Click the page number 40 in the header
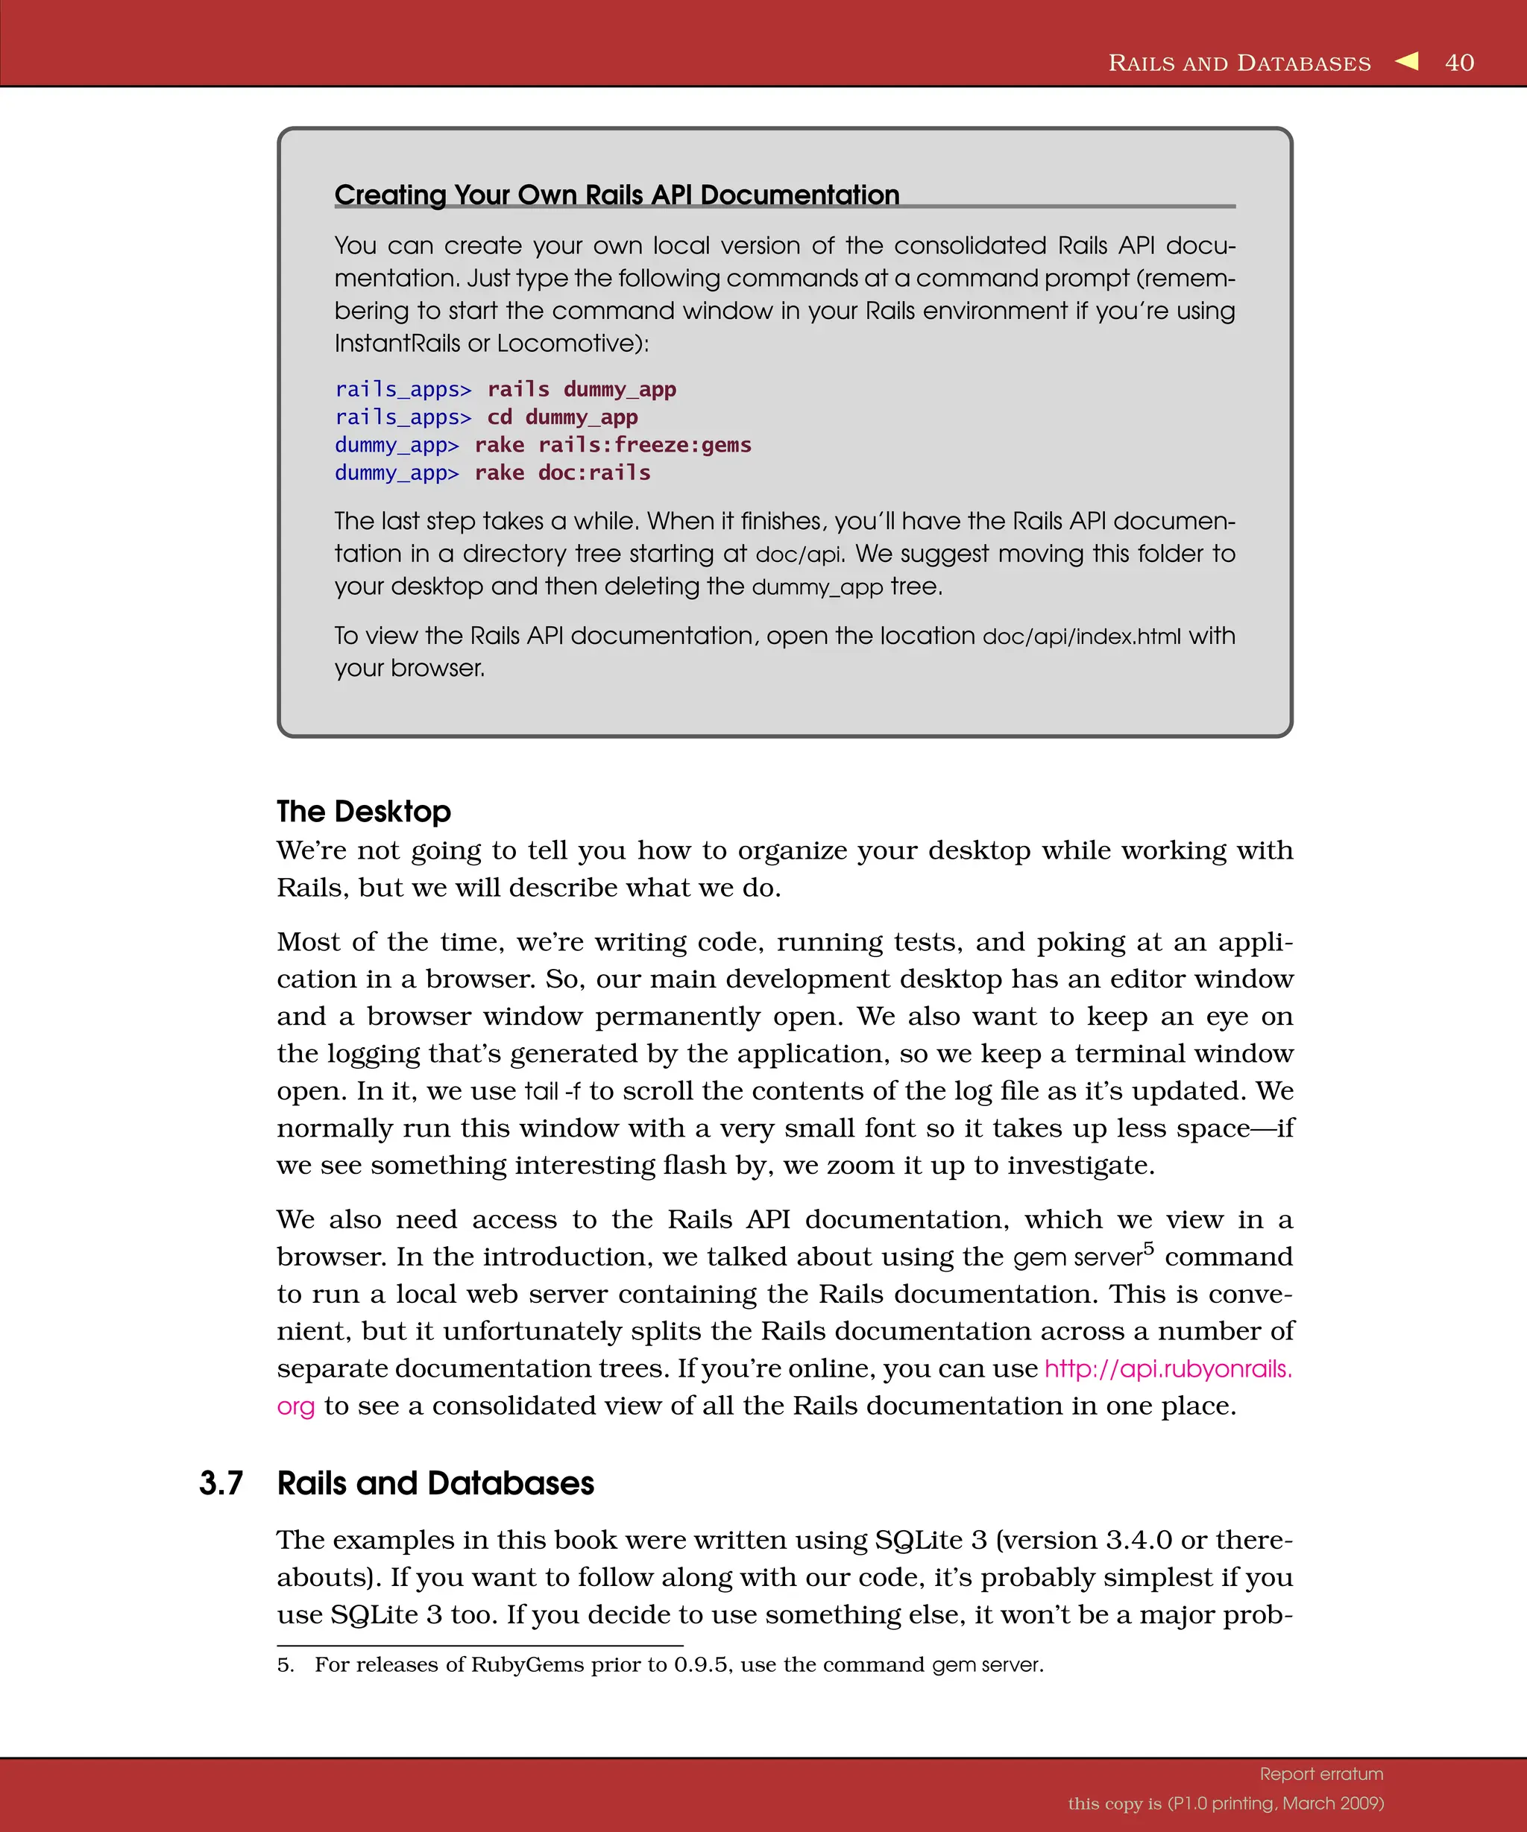(x=1459, y=63)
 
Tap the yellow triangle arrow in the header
(x=1407, y=61)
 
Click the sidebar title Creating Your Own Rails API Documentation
(x=616, y=195)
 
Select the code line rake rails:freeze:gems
(x=613, y=445)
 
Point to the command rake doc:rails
(x=562, y=473)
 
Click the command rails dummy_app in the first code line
(x=581, y=389)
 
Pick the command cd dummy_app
(x=562, y=417)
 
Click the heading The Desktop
(x=363, y=812)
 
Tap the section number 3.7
(x=221, y=1484)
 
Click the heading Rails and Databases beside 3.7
(x=435, y=1484)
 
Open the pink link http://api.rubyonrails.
(x=1168, y=1368)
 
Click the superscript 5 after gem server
(x=1148, y=1248)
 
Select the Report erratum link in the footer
(x=1321, y=1774)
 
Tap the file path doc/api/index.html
(x=1081, y=636)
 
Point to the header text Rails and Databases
(x=1239, y=63)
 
